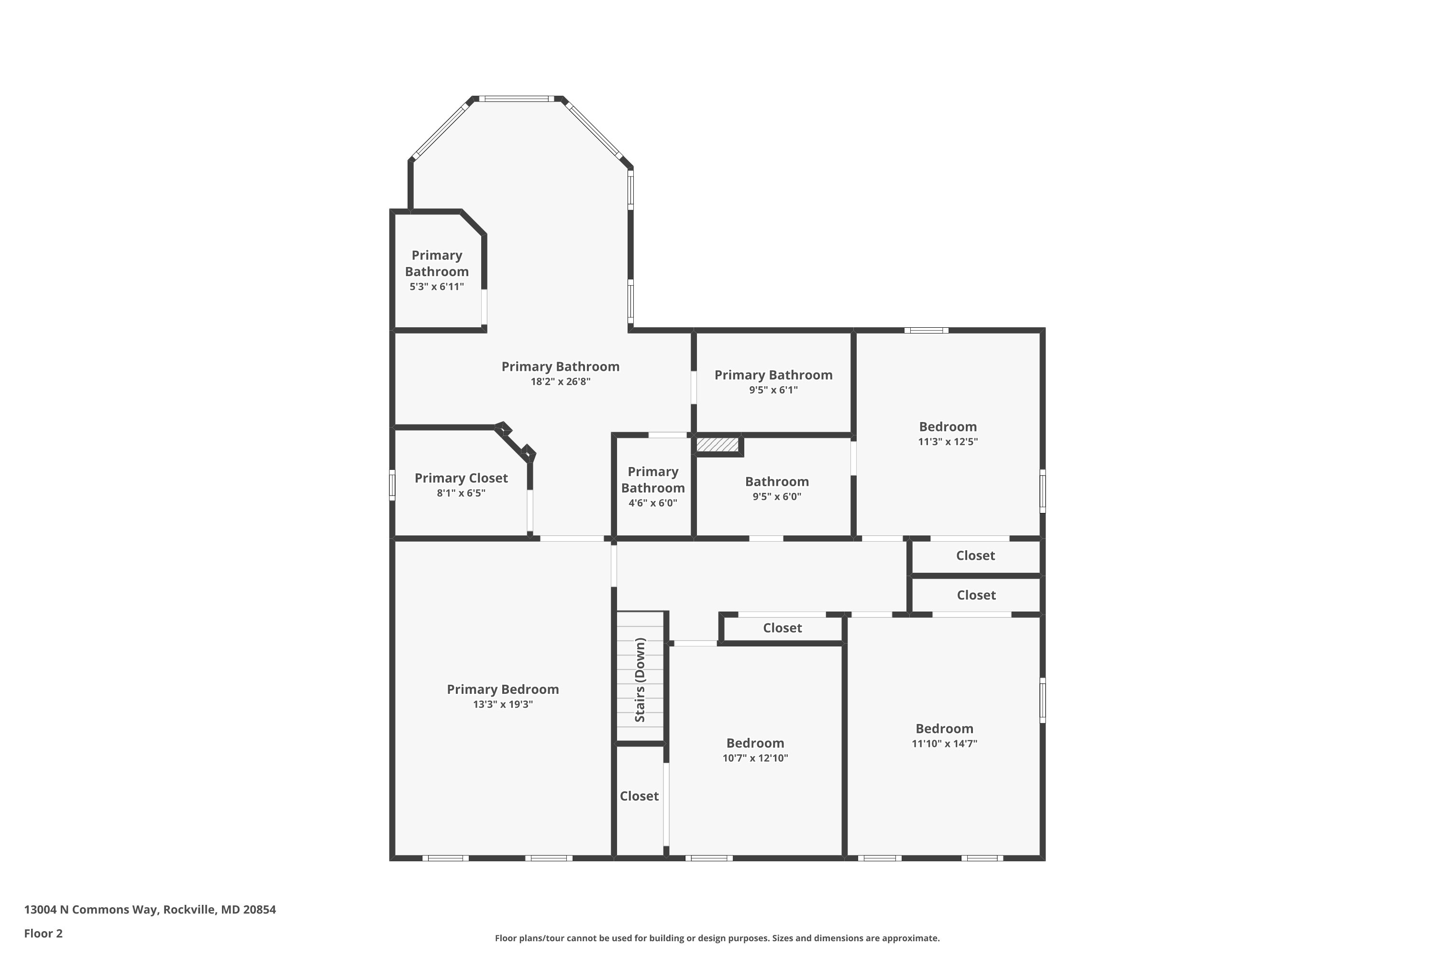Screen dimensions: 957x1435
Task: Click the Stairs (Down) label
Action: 640,680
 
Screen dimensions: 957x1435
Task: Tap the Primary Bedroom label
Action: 503,689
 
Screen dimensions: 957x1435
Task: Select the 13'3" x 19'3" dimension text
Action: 503,704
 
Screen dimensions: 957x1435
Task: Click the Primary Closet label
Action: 461,478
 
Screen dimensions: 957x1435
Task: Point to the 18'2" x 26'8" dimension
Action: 560,382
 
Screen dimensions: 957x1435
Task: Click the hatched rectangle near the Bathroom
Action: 717,445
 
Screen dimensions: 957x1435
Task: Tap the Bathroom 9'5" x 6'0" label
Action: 777,481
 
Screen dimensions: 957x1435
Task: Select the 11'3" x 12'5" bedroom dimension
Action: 948,442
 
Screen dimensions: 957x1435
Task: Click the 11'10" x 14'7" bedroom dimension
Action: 944,744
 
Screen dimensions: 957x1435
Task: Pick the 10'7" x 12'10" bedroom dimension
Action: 755,758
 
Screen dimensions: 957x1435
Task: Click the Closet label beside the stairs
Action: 639,796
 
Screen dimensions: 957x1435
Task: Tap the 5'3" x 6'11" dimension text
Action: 436,287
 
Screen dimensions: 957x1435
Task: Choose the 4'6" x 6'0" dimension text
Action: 653,503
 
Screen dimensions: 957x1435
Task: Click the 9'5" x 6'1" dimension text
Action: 773,390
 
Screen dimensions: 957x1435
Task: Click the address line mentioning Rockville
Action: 149,910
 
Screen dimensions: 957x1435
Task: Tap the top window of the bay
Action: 516,98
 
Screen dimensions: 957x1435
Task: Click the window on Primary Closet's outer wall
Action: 392,485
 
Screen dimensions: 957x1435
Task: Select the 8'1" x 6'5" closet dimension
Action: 461,493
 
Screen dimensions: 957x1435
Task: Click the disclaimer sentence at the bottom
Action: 717,938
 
